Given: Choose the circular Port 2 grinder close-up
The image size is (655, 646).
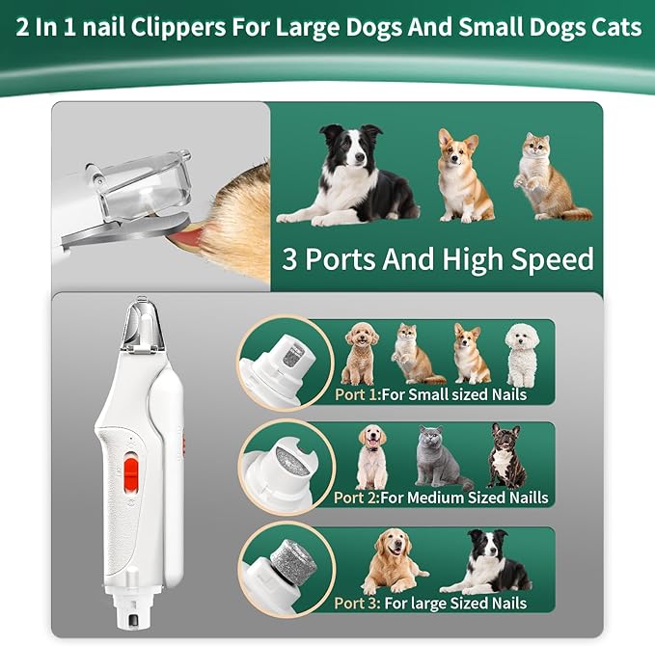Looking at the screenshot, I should (285, 465).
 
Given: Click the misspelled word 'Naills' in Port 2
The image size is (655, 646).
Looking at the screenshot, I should (525, 498).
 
